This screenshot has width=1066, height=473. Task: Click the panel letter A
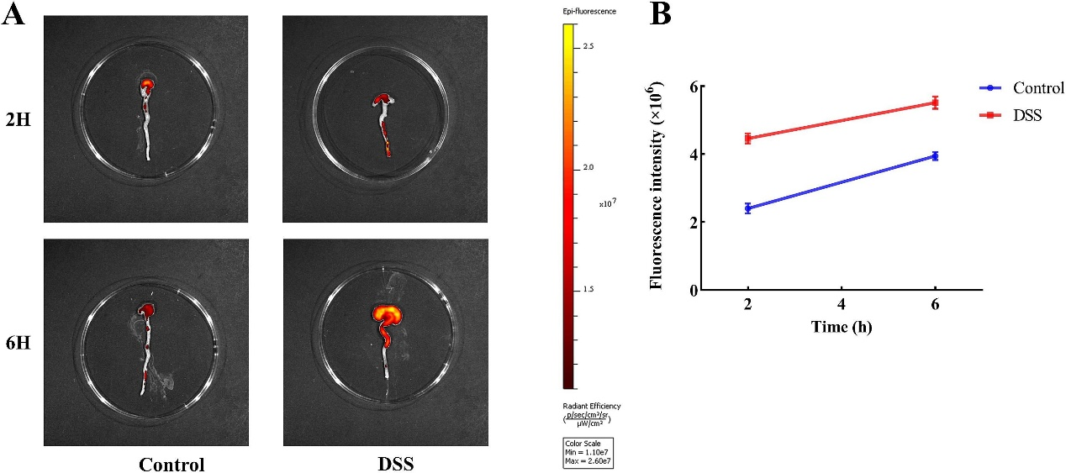[13, 17]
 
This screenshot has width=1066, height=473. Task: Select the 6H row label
[17, 344]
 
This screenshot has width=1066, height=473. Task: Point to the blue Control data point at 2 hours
[747, 208]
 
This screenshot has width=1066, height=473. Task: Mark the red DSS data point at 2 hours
[747, 138]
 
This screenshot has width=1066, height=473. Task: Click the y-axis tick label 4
[692, 155]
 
